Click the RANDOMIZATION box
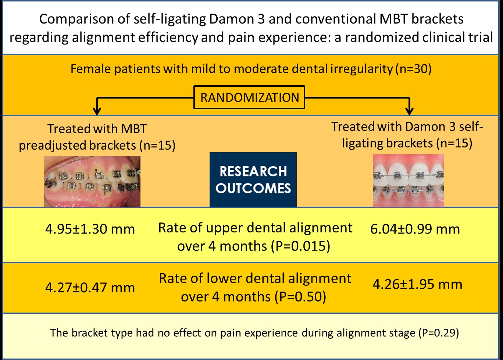[249, 98]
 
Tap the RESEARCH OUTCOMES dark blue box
[253, 179]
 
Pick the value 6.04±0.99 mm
[415, 229]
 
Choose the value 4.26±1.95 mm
[417, 284]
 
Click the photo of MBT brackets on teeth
[92, 181]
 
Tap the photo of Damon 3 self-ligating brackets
[408, 181]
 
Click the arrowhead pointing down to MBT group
[96, 111]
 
